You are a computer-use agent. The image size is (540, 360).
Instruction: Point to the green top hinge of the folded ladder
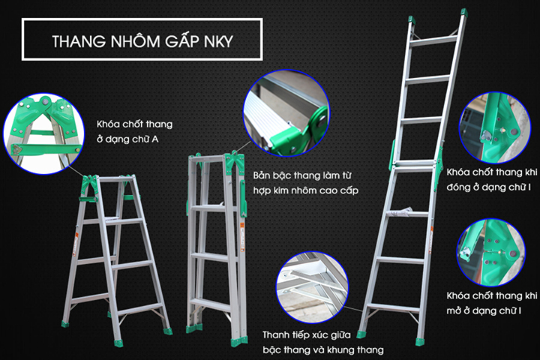(233, 161)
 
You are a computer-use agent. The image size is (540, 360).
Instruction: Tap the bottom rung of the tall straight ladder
(393, 306)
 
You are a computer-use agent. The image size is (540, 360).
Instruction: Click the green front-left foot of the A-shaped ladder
(65, 323)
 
